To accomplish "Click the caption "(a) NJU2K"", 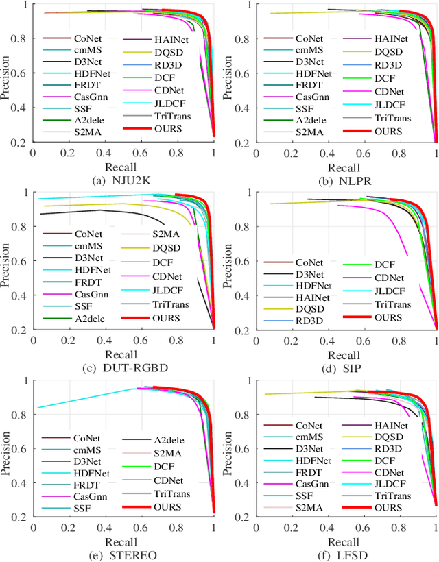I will pyautogui.click(x=121, y=180).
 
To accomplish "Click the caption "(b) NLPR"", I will pyautogui.click(x=343, y=180).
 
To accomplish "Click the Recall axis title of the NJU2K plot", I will pyautogui.click(x=121, y=167).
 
